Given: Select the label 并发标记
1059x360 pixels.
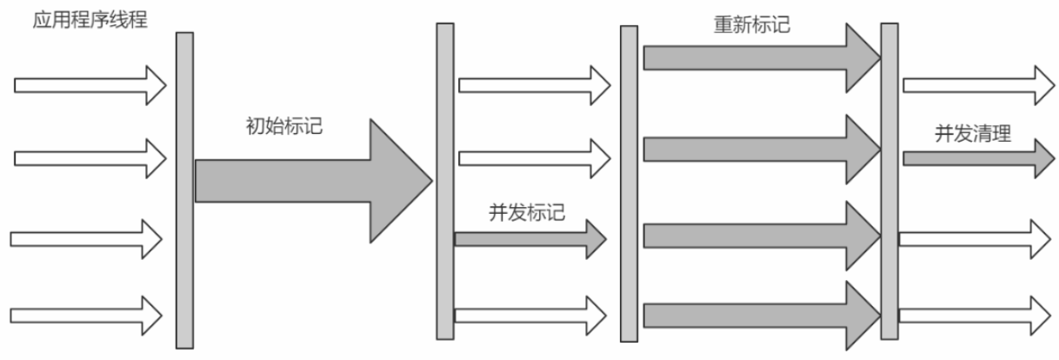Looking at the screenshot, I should [x=528, y=211].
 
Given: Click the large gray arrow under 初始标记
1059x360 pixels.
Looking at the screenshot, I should [x=313, y=180].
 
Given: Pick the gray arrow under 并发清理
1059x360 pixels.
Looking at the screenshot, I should [x=978, y=158].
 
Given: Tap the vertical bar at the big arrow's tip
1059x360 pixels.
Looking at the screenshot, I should [x=444, y=180].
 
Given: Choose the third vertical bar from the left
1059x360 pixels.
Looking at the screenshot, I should [x=629, y=183].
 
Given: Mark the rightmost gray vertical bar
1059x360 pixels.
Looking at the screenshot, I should [x=889, y=180].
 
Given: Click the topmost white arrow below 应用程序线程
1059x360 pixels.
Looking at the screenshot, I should [x=90, y=85].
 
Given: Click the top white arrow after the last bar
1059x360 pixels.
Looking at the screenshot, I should [x=978, y=84].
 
